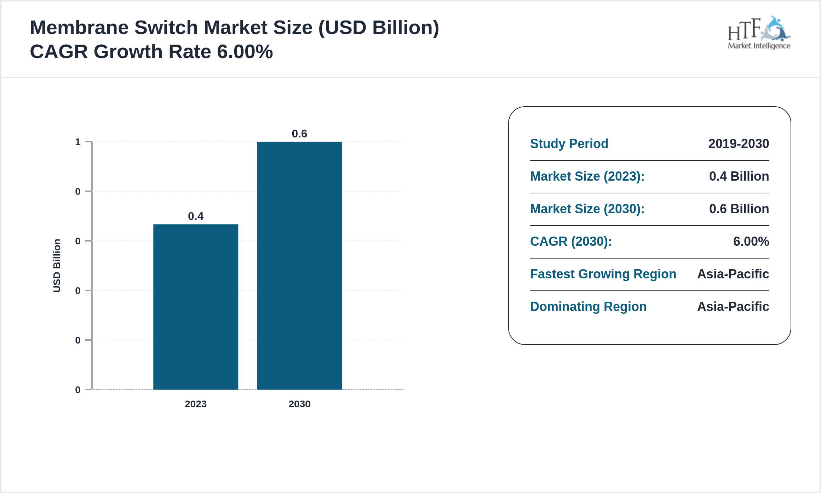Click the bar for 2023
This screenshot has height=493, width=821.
(x=196, y=307)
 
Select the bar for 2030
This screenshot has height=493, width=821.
(x=299, y=266)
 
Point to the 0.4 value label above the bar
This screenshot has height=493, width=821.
(x=196, y=216)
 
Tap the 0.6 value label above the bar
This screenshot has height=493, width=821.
(x=299, y=134)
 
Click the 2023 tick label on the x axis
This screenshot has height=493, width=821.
(x=196, y=404)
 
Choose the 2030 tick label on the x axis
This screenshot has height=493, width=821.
(x=299, y=404)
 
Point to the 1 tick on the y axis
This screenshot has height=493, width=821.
(x=78, y=142)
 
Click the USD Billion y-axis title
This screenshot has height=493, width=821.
(x=57, y=266)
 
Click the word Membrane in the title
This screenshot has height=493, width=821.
(x=79, y=28)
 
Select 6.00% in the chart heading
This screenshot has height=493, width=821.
(x=245, y=52)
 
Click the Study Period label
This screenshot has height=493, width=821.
(x=569, y=143)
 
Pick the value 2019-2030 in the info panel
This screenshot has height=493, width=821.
(x=739, y=143)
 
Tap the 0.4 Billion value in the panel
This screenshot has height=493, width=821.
(x=739, y=176)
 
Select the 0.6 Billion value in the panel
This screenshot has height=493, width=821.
(x=739, y=209)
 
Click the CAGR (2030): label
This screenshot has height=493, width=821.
(x=571, y=241)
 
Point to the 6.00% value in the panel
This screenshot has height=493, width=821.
(x=751, y=241)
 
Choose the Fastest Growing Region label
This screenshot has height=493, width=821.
(x=603, y=274)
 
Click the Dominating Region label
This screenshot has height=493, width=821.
(x=588, y=306)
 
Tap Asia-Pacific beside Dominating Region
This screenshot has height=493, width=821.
(x=733, y=306)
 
